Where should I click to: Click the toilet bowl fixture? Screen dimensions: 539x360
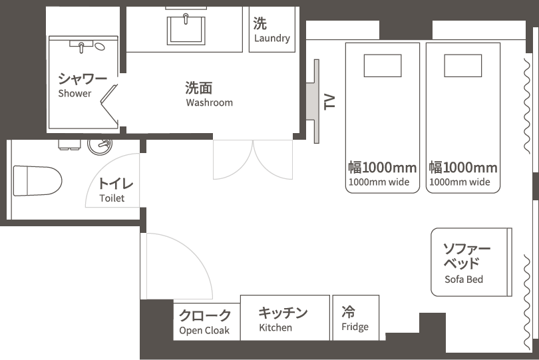37,181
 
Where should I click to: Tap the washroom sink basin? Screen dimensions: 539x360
186,30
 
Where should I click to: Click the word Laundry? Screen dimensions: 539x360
272,38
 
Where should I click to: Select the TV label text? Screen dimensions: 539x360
329,102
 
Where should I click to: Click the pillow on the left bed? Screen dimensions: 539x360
383,65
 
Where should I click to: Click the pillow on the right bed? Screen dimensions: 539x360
462,65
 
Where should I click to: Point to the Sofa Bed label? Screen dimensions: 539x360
464,279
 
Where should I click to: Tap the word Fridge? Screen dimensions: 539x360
355,327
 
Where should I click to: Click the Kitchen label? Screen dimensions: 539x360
275,327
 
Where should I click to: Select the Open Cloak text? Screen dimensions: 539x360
204,331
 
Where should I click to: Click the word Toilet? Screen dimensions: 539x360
112,198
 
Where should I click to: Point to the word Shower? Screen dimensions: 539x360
75,93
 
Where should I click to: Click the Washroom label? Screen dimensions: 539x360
210,102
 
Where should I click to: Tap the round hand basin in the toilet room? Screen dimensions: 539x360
100,146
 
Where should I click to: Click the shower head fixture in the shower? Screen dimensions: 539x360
81,47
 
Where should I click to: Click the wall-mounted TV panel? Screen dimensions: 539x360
316,101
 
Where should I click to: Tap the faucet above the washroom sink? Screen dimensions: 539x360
186,19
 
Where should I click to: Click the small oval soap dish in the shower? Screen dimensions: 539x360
100,46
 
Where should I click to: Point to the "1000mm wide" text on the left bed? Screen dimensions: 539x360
379,182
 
